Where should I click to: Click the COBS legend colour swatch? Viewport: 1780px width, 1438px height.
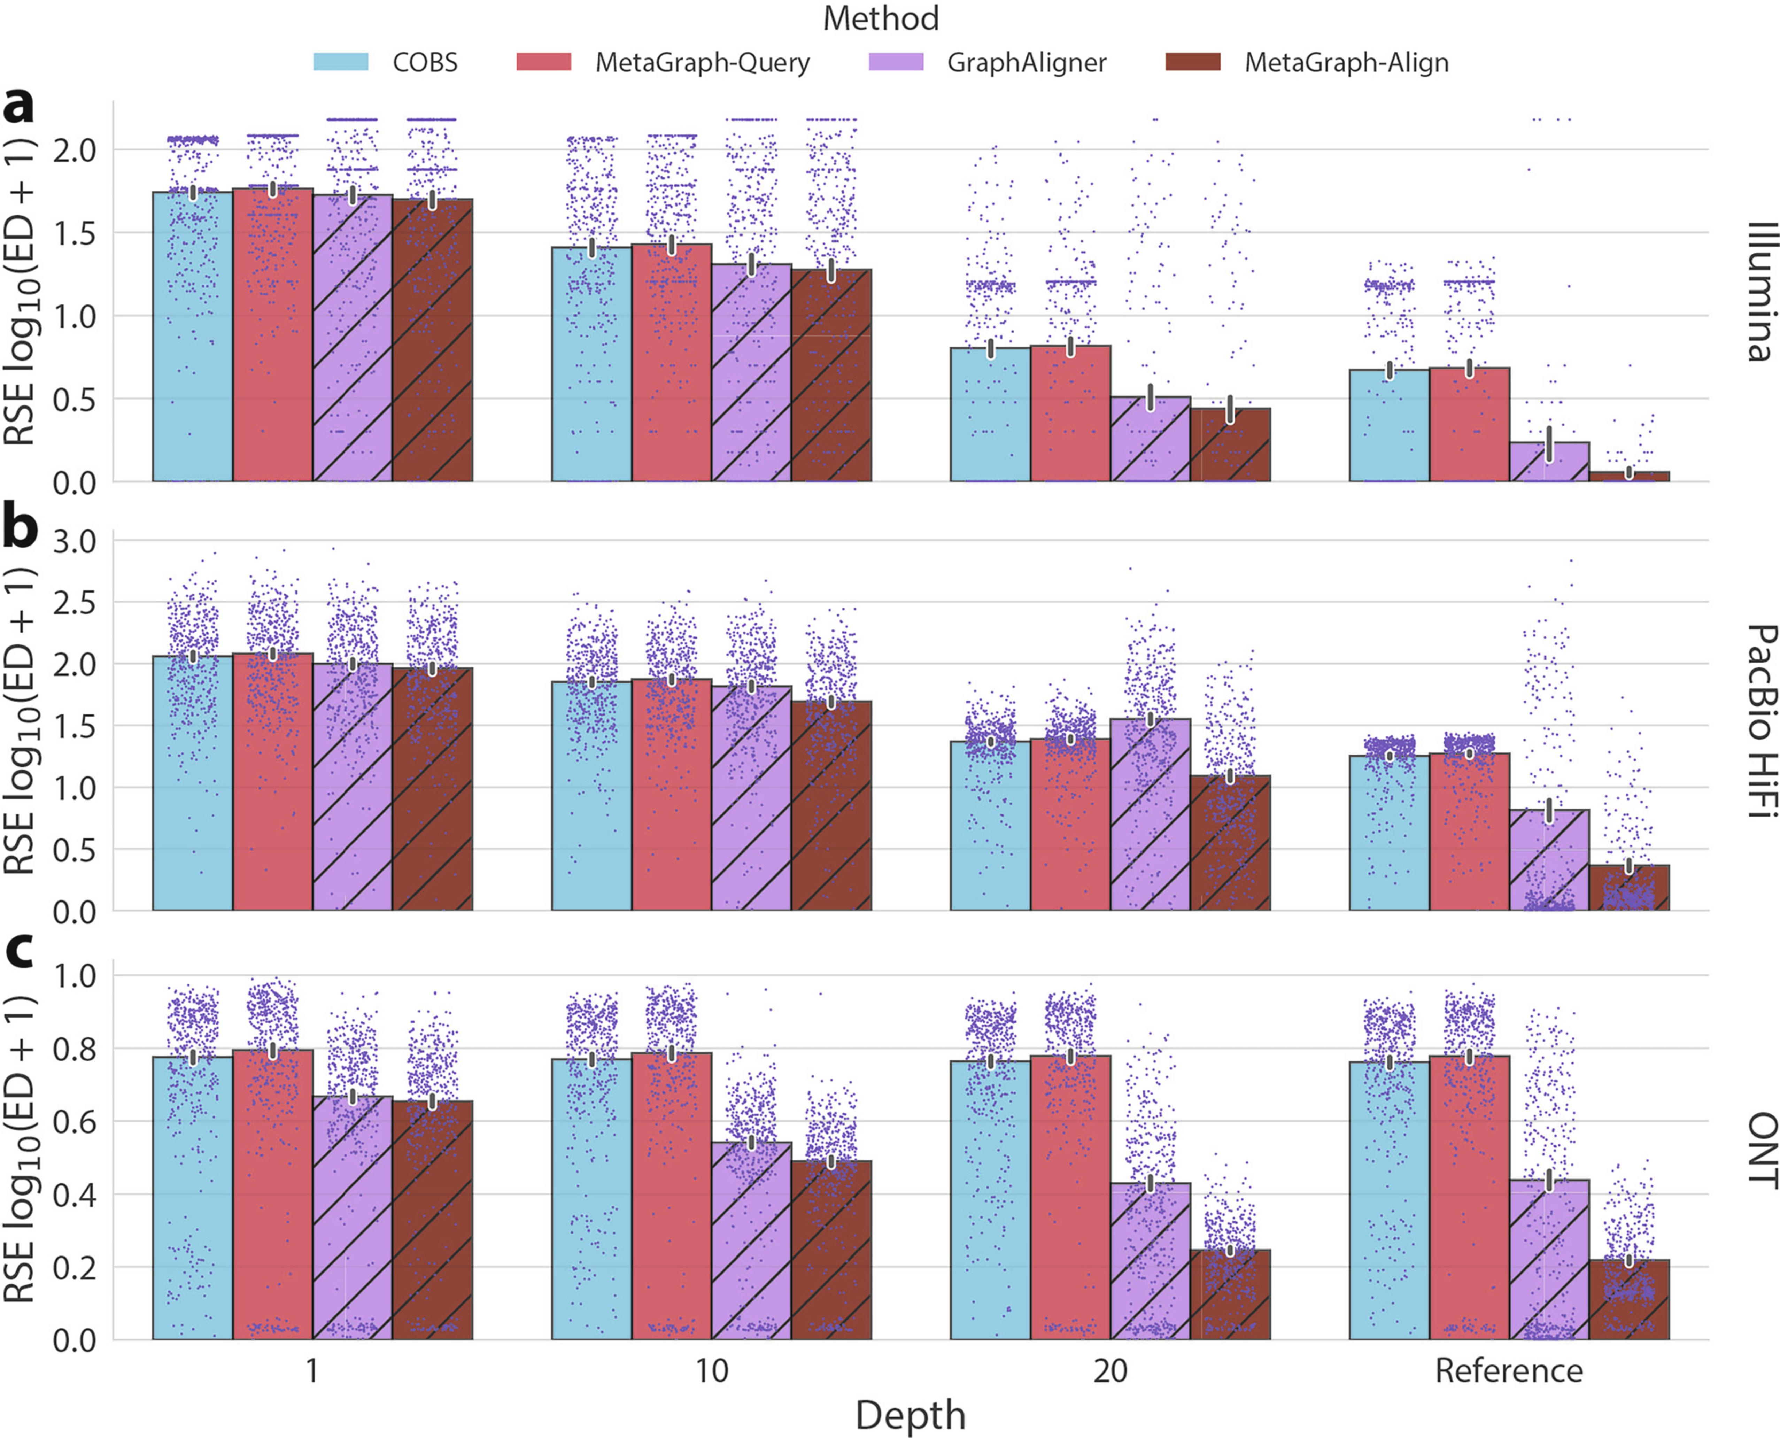(x=340, y=62)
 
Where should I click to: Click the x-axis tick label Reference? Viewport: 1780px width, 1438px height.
(x=1508, y=1371)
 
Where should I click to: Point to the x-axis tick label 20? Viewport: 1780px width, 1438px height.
(x=1110, y=1371)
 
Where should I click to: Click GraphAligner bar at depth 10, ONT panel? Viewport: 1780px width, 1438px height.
(x=751, y=1243)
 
